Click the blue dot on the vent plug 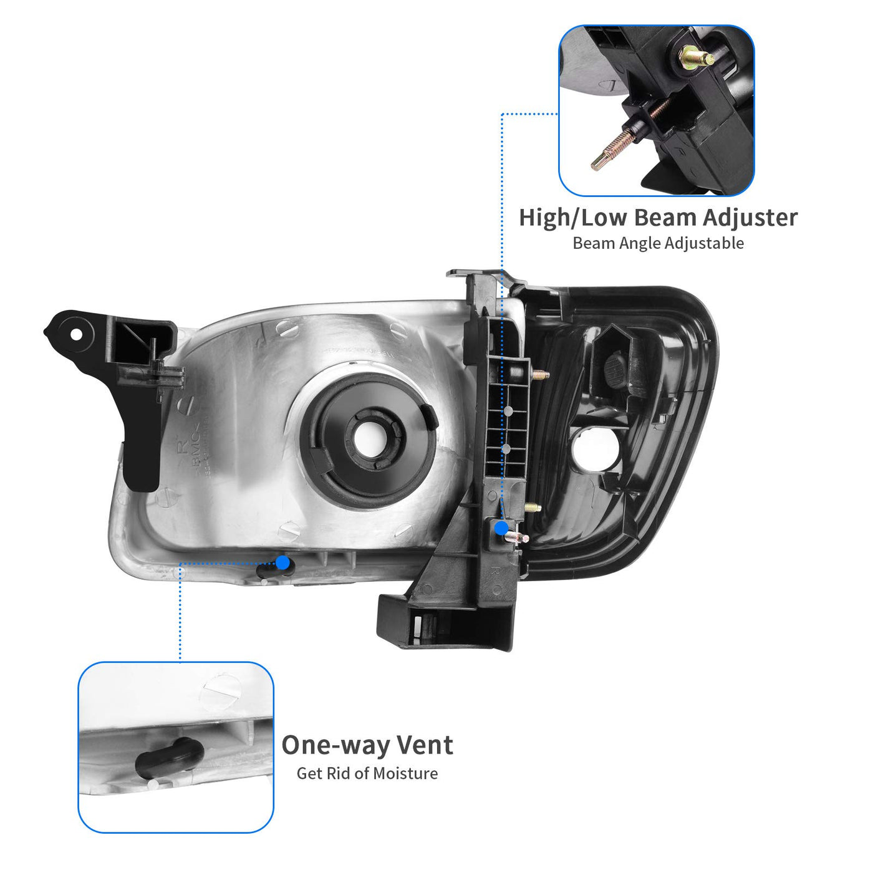click(x=282, y=562)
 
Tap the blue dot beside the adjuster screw click(x=501, y=528)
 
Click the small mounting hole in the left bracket click(x=76, y=335)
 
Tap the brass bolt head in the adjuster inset click(x=696, y=57)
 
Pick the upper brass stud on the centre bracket click(x=541, y=375)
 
